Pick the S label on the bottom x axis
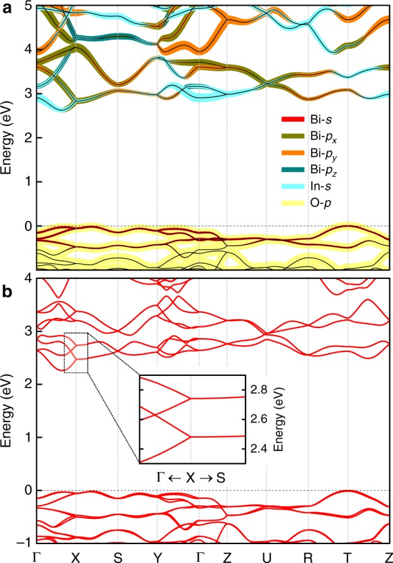(117, 557)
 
